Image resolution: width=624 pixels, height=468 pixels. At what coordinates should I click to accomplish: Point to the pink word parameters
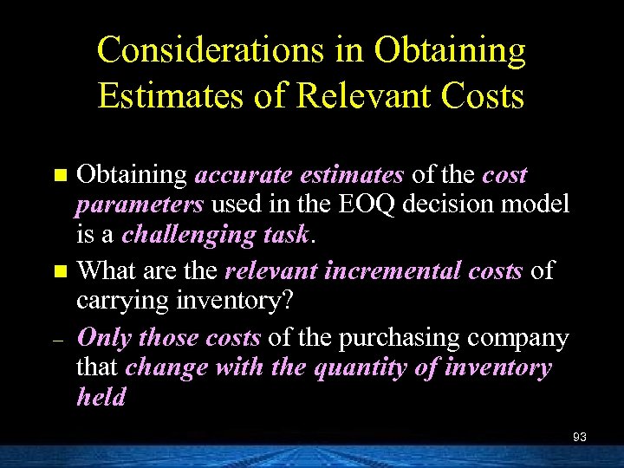[x=140, y=205]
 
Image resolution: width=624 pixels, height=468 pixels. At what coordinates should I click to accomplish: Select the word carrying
[x=118, y=300]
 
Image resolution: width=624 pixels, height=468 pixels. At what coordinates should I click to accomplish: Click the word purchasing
[x=400, y=336]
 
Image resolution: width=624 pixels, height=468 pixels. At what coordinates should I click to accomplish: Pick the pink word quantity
[x=356, y=367]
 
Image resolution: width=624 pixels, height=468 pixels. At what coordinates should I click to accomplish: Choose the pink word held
[x=101, y=397]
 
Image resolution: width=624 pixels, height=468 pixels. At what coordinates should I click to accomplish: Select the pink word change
[x=166, y=367]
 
